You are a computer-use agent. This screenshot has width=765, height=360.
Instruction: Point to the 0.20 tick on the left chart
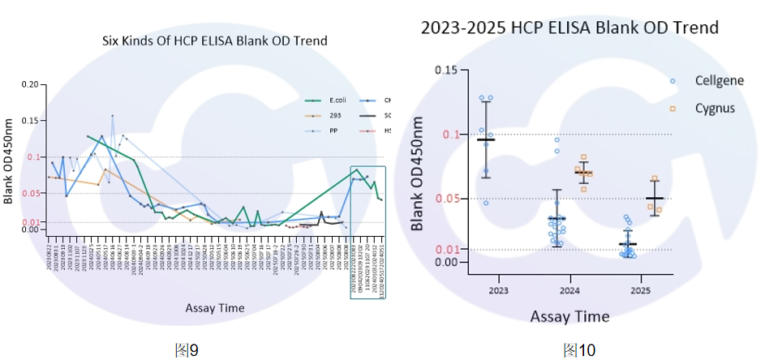tap(30, 84)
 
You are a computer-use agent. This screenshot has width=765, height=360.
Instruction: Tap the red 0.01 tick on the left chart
tap(30, 222)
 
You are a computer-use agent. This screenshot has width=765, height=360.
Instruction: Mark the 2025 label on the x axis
tap(640, 289)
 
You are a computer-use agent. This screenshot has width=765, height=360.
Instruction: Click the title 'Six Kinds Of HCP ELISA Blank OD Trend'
tap(215, 41)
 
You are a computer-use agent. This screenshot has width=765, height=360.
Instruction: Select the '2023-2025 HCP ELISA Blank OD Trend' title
tap(569, 28)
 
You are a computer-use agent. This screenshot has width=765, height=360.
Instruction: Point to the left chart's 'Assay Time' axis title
tap(214, 307)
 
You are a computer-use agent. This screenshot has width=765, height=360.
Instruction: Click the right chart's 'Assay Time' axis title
tap(569, 315)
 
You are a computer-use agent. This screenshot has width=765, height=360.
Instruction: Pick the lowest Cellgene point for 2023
tap(486, 203)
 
